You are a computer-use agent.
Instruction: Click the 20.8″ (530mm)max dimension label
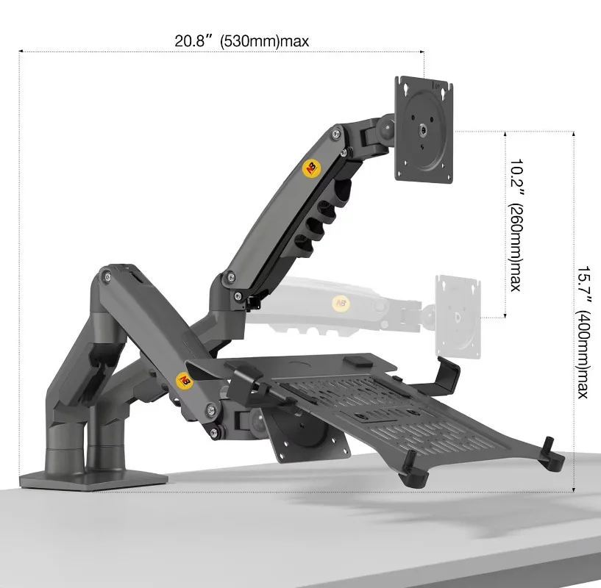point(242,41)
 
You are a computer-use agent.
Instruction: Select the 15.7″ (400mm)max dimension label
point(582,331)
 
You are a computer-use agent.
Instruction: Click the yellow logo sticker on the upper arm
point(313,167)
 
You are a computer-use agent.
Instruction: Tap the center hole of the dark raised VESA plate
point(424,129)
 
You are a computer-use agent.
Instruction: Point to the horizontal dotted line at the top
point(221,51)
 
